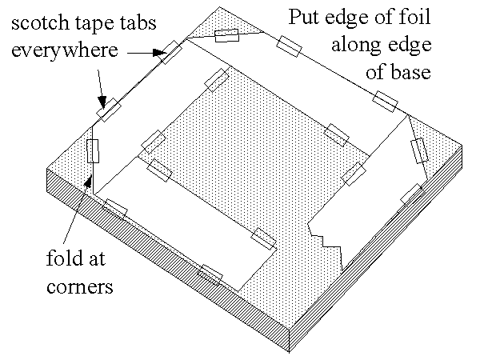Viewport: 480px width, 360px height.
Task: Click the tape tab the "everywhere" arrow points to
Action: (x=170, y=52)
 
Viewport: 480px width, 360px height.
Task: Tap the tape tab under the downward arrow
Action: (x=109, y=110)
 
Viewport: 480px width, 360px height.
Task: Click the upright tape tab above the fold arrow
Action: (x=94, y=150)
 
